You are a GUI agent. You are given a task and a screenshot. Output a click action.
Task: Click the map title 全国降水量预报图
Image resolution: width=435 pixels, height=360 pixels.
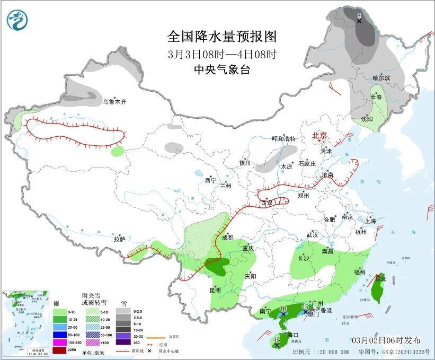tap(222, 36)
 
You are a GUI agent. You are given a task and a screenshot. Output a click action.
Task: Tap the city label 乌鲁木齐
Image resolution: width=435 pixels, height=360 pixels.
tap(115, 101)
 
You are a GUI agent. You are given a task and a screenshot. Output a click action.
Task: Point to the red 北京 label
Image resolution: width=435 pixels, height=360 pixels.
tap(320, 135)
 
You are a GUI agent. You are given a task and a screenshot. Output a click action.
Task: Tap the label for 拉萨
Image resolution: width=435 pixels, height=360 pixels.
tap(119, 239)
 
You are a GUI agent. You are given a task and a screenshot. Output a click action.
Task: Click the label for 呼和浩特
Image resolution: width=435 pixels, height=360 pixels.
tap(283, 138)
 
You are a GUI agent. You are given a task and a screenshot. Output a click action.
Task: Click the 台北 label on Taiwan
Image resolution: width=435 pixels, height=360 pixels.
tap(380, 278)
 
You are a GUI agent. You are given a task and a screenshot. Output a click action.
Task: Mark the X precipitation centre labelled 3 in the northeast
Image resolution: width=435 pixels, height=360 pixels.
tap(359, 21)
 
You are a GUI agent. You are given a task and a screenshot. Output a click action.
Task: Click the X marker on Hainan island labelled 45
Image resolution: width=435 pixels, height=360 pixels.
tap(277, 346)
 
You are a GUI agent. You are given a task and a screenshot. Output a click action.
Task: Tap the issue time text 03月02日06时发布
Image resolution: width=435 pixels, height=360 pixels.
tap(386, 340)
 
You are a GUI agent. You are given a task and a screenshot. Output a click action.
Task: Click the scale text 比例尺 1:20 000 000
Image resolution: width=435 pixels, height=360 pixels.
tap(321, 352)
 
